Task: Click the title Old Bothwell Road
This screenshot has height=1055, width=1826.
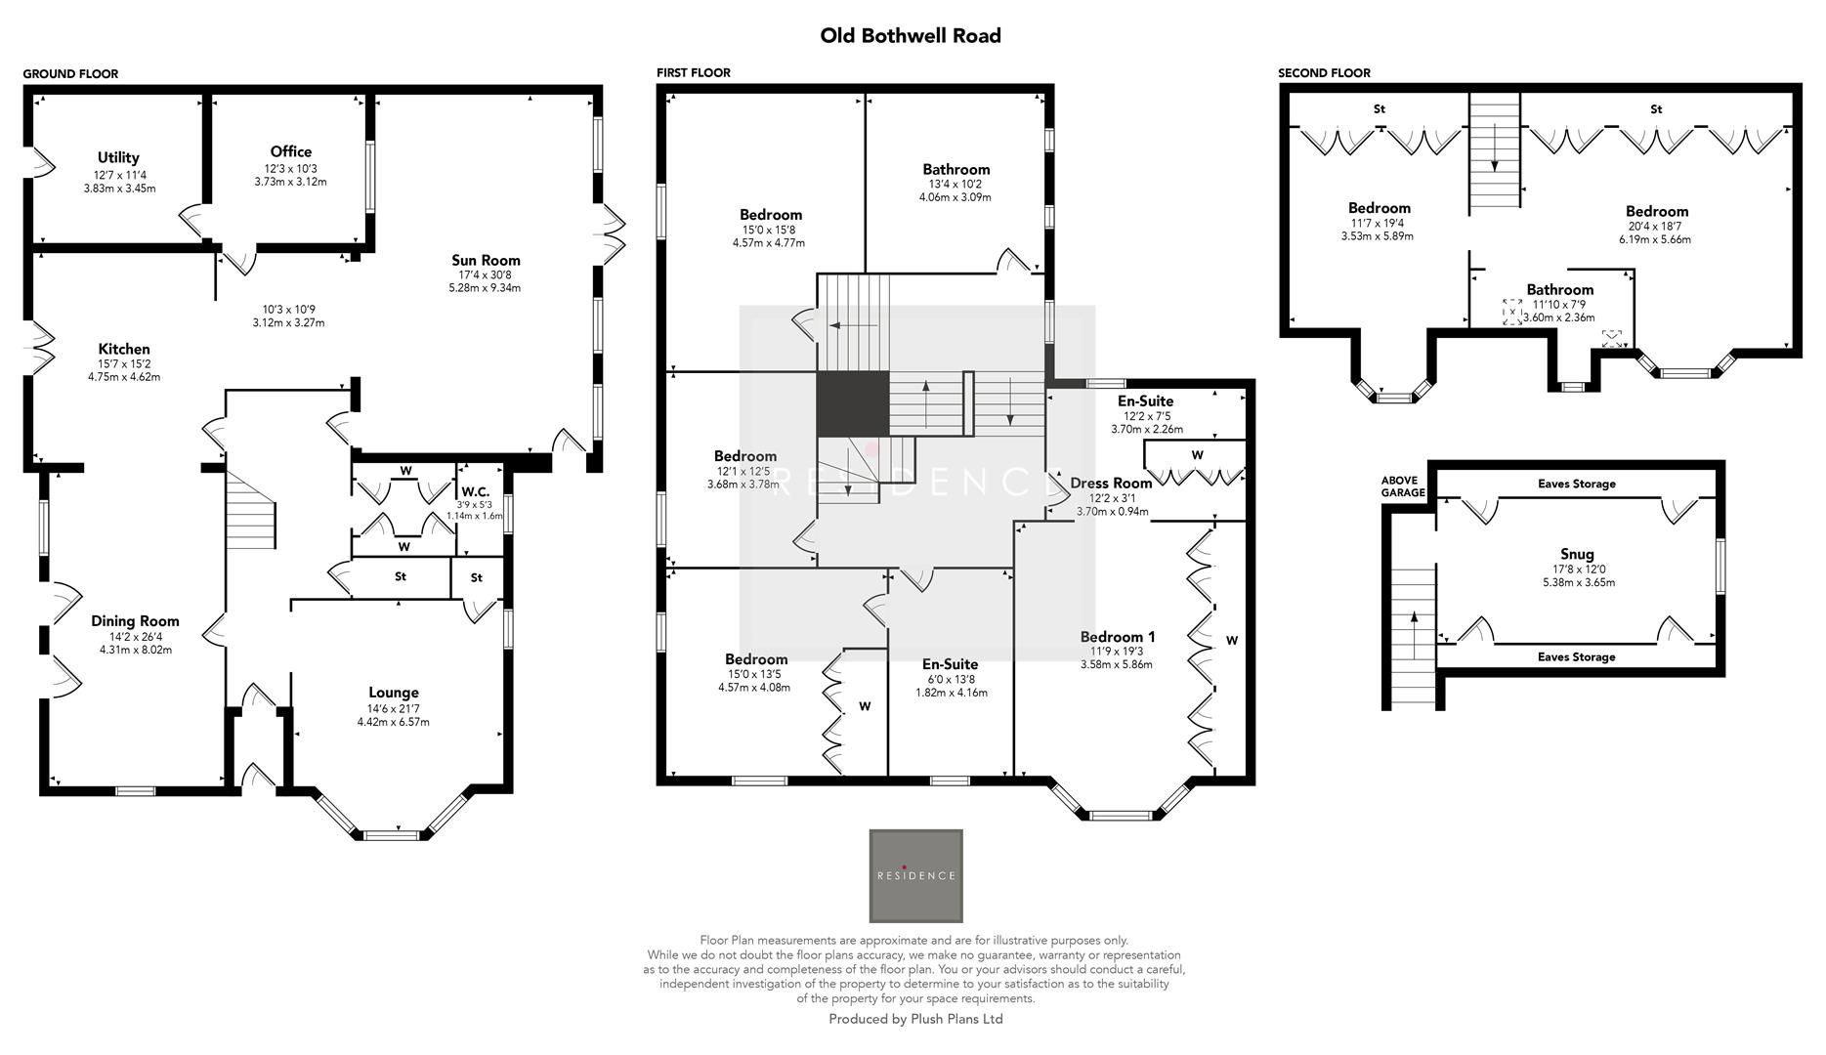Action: pos(910,36)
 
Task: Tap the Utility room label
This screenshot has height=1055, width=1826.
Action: pos(118,157)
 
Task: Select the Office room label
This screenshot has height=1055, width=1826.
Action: pos(291,151)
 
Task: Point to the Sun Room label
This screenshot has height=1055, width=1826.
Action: pos(486,260)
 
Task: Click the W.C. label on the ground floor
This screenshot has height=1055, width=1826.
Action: pos(475,491)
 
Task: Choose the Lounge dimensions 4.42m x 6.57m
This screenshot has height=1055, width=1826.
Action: pos(393,722)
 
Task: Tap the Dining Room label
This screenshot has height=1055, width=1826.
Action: pos(135,620)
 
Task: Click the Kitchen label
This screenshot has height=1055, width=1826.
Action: pos(124,349)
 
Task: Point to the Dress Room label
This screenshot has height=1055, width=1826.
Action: pos(1111,483)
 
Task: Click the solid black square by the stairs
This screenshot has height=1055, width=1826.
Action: pos(852,403)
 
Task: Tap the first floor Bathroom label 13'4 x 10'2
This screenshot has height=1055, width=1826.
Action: pos(956,183)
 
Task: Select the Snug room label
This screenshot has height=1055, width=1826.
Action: pos(1577,554)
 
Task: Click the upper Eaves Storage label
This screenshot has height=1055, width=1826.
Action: pos(1576,484)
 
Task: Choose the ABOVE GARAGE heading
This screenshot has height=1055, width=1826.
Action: pos(1403,486)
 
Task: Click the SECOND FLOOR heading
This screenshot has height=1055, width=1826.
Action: pos(1324,73)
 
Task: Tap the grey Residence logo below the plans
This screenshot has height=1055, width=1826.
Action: pos(915,875)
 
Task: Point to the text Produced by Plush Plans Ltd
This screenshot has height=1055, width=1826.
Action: pos(915,1019)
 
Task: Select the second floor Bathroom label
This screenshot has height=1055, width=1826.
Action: pos(1559,289)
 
